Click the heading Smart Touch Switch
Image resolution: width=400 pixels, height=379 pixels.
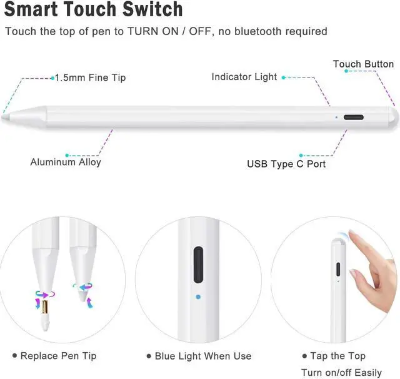[x=94, y=9]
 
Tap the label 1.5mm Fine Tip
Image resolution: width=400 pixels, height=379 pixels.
[x=90, y=78]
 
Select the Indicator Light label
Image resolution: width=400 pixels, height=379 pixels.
[x=244, y=77]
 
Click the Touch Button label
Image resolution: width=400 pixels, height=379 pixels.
[x=363, y=64]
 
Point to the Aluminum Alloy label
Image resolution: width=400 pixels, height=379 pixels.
[x=66, y=162]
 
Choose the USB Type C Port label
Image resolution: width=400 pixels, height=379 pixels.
[x=286, y=164]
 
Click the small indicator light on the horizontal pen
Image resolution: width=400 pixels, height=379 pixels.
[x=336, y=116]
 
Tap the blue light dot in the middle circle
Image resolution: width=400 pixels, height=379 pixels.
[x=198, y=297]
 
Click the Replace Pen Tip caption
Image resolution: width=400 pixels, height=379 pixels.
[x=58, y=356]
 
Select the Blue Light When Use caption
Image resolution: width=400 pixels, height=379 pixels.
[x=203, y=356]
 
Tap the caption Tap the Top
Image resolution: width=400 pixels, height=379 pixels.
[x=337, y=356]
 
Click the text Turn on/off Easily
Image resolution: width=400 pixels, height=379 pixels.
[x=341, y=372]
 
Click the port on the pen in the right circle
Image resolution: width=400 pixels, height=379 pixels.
[x=338, y=270]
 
